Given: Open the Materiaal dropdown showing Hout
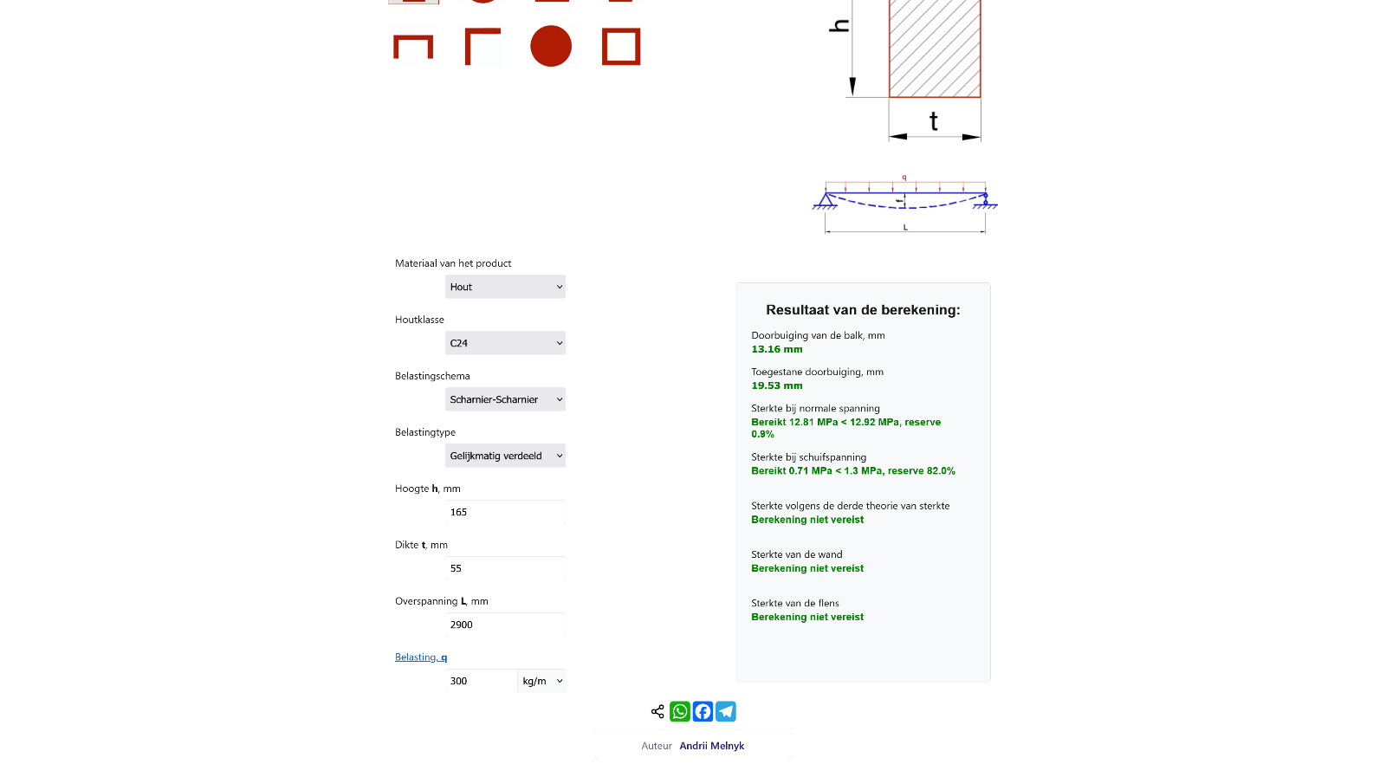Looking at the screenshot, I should (x=505, y=287).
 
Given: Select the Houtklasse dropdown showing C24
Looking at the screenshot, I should (x=505, y=343).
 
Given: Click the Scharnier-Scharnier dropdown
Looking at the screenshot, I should (x=505, y=399).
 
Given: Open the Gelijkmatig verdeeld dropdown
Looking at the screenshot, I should (x=505, y=456).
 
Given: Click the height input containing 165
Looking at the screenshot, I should (x=505, y=512).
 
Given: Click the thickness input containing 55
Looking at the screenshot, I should (x=505, y=568).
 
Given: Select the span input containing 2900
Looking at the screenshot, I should (x=505, y=625).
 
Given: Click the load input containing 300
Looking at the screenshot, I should (x=481, y=681).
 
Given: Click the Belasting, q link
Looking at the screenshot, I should (x=421, y=657).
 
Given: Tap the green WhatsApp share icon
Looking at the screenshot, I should (x=680, y=711).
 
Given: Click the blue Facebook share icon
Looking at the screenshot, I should (x=703, y=711).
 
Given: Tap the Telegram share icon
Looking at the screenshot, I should (x=726, y=711).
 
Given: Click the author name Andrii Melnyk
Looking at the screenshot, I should (x=711, y=746).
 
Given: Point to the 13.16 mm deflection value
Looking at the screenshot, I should (x=777, y=349).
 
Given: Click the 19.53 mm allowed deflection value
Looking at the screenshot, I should (x=777, y=385).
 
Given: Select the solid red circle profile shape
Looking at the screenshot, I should (x=551, y=46).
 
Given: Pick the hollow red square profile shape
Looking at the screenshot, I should (x=621, y=47).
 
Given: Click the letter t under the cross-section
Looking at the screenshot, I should (x=934, y=121).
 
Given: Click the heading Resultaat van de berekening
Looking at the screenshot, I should (x=863, y=310).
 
